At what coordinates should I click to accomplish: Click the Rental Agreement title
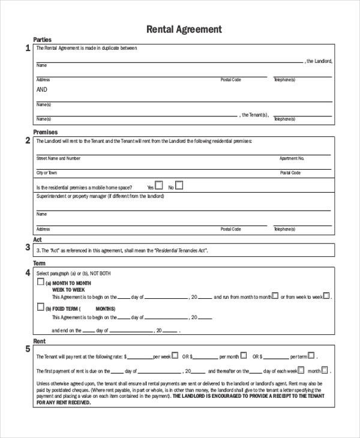184,29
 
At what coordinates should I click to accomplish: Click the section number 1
28,49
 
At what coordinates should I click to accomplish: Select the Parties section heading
42,40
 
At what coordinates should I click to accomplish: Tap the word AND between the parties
41,89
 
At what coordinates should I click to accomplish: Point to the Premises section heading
45,132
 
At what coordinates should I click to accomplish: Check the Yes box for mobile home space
159,186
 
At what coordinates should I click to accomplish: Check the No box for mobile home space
179,186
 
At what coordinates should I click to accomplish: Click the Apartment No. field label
292,158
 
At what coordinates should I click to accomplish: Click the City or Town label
47,173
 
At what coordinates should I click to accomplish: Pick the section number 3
28,247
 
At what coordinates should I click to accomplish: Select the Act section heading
37,239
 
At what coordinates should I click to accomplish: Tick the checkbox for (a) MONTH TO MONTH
41,281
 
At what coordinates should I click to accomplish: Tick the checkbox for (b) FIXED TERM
41,307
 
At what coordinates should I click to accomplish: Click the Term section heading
39,263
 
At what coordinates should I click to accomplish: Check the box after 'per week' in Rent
175,355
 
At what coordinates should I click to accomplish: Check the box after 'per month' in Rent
243,355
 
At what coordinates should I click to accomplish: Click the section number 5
28,349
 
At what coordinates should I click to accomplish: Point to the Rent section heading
39,341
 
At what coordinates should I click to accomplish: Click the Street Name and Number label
58,158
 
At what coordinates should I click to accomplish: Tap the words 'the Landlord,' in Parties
319,61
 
